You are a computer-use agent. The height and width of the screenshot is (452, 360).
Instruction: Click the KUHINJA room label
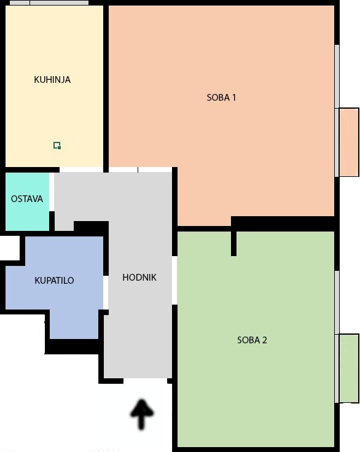point(52,80)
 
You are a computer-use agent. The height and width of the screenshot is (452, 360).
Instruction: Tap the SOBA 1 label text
point(221,97)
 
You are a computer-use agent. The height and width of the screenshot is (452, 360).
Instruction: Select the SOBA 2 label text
point(252,340)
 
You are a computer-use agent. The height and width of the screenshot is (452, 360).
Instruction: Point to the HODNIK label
point(139,278)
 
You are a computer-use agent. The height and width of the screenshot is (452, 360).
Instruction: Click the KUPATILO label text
point(54,281)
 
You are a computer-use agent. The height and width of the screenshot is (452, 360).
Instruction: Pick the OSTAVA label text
point(27,199)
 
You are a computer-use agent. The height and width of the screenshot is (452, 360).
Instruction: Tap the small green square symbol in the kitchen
point(57,146)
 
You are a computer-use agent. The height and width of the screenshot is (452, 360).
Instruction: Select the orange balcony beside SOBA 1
point(349,142)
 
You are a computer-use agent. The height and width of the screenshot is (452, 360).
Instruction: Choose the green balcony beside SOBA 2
point(349,368)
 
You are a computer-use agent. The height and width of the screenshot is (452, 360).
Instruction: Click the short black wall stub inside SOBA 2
point(233,243)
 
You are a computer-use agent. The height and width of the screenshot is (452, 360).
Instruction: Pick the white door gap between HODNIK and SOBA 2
point(174,280)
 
